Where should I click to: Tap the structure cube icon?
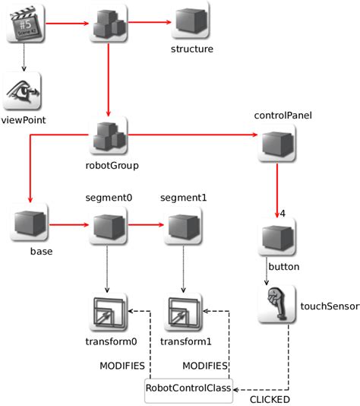tap(191, 24)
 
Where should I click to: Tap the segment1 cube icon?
tap(183, 226)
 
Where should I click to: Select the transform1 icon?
tap(183, 312)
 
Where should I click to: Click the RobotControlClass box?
tap(189, 387)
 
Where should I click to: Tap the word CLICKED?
tap(270, 399)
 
